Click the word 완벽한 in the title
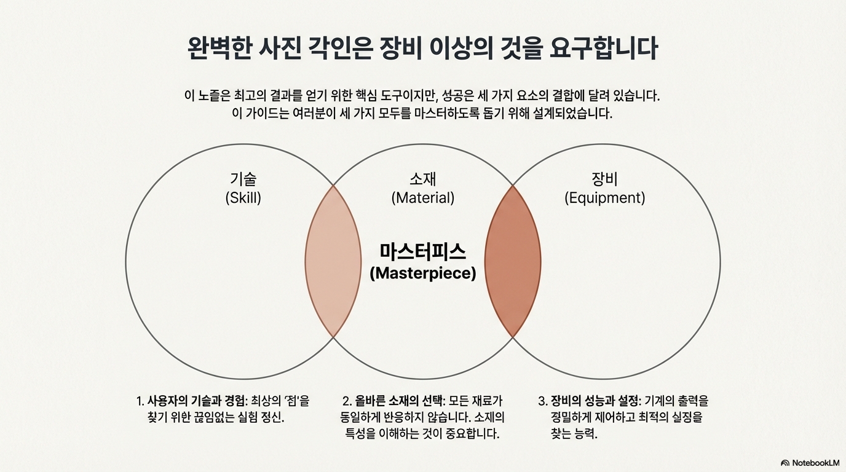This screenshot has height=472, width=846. (x=220, y=49)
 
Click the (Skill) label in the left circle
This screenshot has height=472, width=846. (x=243, y=199)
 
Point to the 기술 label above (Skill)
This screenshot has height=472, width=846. (x=243, y=180)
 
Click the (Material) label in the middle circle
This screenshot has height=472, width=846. (x=423, y=199)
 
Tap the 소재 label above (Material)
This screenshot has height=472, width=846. (x=423, y=180)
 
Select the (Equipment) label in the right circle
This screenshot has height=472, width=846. (x=604, y=199)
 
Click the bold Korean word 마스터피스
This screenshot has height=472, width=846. (x=423, y=251)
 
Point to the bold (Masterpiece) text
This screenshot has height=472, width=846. (x=423, y=273)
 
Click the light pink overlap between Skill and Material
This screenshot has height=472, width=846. (x=333, y=261)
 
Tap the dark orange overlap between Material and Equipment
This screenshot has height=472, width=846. (x=513, y=261)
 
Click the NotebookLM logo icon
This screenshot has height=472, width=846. (x=785, y=462)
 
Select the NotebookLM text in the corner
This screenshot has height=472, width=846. (x=816, y=462)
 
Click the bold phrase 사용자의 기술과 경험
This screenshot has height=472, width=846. (x=196, y=401)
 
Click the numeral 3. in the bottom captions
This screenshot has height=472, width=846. (x=542, y=401)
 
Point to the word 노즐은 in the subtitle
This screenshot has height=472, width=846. (x=213, y=96)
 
